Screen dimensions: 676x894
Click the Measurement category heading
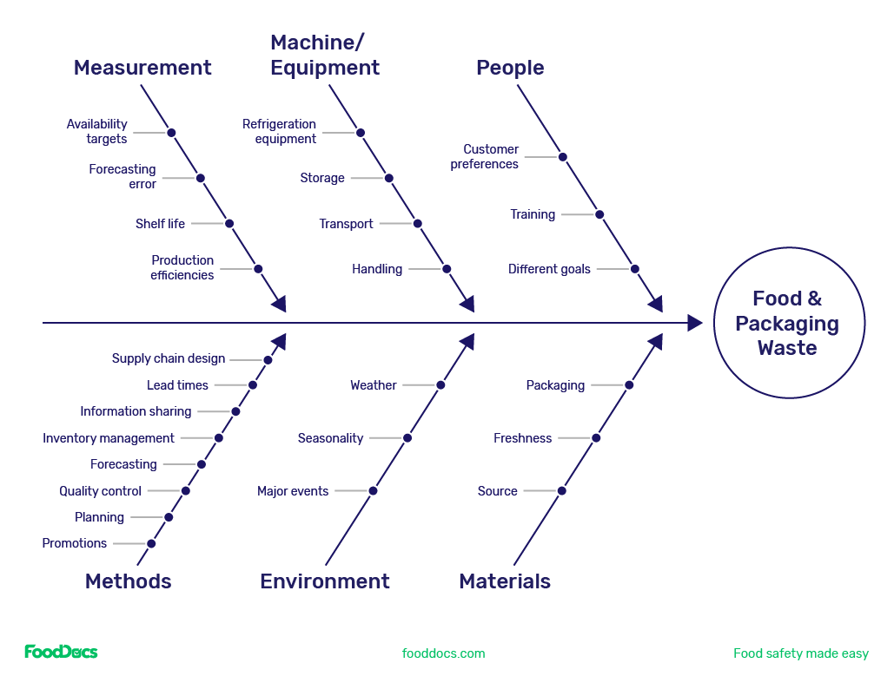click(142, 68)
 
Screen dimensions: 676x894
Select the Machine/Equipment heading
click(325, 55)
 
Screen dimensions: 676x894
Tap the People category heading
click(510, 68)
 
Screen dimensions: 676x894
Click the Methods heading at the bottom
click(128, 581)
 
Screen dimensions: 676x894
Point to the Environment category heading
click(325, 581)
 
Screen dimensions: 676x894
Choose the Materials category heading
click(505, 581)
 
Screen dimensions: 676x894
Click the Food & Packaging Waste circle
click(788, 323)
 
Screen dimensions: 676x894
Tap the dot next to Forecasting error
click(201, 178)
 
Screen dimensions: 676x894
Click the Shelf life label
click(160, 224)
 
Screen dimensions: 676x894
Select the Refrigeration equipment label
click(279, 131)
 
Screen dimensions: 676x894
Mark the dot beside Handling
click(447, 269)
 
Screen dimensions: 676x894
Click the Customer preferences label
click(485, 156)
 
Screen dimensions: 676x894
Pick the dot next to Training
click(599, 214)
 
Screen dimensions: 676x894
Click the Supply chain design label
click(169, 358)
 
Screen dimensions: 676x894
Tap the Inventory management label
click(109, 438)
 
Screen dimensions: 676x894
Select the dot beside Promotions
click(151, 544)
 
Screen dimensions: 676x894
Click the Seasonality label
click(330, 438)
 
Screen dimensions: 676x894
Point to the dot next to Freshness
click(596, 438)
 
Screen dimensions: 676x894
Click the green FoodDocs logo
click(61, 652)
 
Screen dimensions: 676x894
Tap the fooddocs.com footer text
click(443, 653)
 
